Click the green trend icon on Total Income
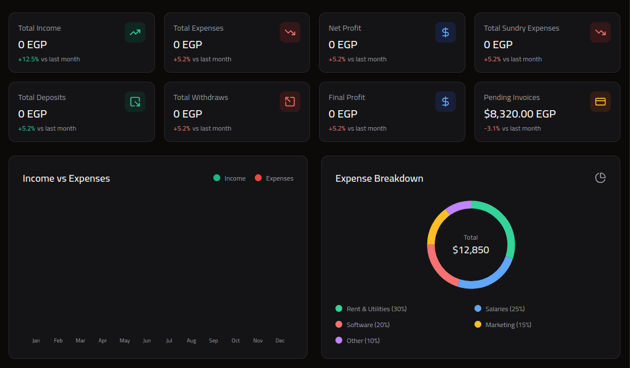coord(135,32)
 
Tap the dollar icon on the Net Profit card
coord(446,32)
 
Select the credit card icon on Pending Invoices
coord(600,102)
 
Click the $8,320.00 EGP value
coord(519,114)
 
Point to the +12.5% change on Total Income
coord(28,59)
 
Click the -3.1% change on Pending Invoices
coord(492,128)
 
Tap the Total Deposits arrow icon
coord(135,102)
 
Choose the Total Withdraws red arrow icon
coord(290,102)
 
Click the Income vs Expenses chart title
coord(66,178)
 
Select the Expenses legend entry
coord(274,178)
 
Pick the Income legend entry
coord(230,178)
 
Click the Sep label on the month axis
coord(213,341)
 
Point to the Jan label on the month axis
coord(36,341)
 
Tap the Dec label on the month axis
coord(280,341)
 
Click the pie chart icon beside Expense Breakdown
coord(600,178)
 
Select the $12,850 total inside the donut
coord(471,250)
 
